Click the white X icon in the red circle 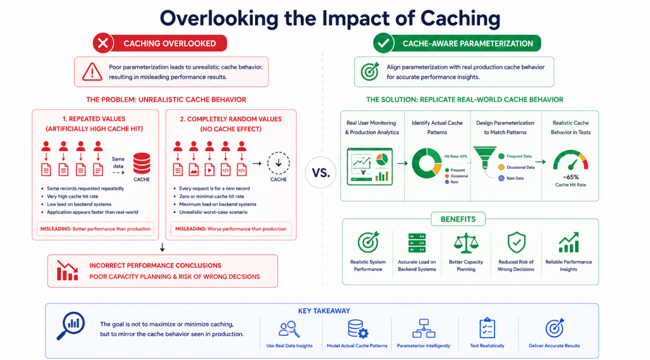pyautogui.click(x=103, y=43)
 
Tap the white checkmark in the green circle pyautogui.click(x=383, y=43)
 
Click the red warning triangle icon pyautogui.click(x=92, y=72)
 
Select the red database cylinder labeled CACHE pyautogui.click(x=142, y=163)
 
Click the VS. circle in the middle pyautogui.click(x=321, y=173)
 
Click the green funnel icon pyautogui.click(x=485, y=157)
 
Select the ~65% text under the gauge pyautogui.click(x=571, y=177)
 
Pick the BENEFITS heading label pyautogui.click(x=458, y=219)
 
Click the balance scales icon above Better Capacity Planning pyautogui.click(x=466, y=243)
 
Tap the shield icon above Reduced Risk pyautogui.click(x=516, y=243)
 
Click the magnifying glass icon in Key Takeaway pyautogui.click(x=70, y=326)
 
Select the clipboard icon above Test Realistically pyautogui.click(x=487, y=328)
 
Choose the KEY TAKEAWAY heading pyautogui.click(x=324, y=310)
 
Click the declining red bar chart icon pyautogui.click(x=67, y=270)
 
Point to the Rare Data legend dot pyautogui.click(x=501, y=178)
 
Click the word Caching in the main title pyautogui.click(x=460, y=18)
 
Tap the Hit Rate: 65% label pyautogui.click(x=456, y=156)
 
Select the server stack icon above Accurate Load pyautogui.click(x=416, y=243)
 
